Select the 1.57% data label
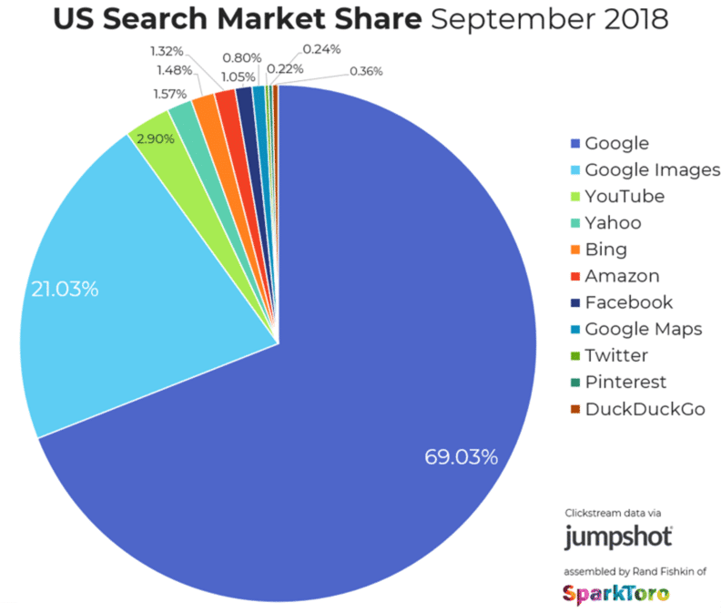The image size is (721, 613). point(169,94)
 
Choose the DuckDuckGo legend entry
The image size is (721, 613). point(645,409)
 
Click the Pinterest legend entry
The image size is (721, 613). point(625,383)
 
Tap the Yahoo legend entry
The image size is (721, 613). point(613,223)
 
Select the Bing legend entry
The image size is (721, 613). point(606,250)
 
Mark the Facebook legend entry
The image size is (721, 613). point(628,302)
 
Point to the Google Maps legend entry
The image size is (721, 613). point(643,329)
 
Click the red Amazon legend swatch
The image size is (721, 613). point(574,276)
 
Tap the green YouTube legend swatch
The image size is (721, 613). point(574,197)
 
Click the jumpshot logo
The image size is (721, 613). point(618,536)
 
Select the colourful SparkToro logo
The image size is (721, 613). point(616,593)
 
